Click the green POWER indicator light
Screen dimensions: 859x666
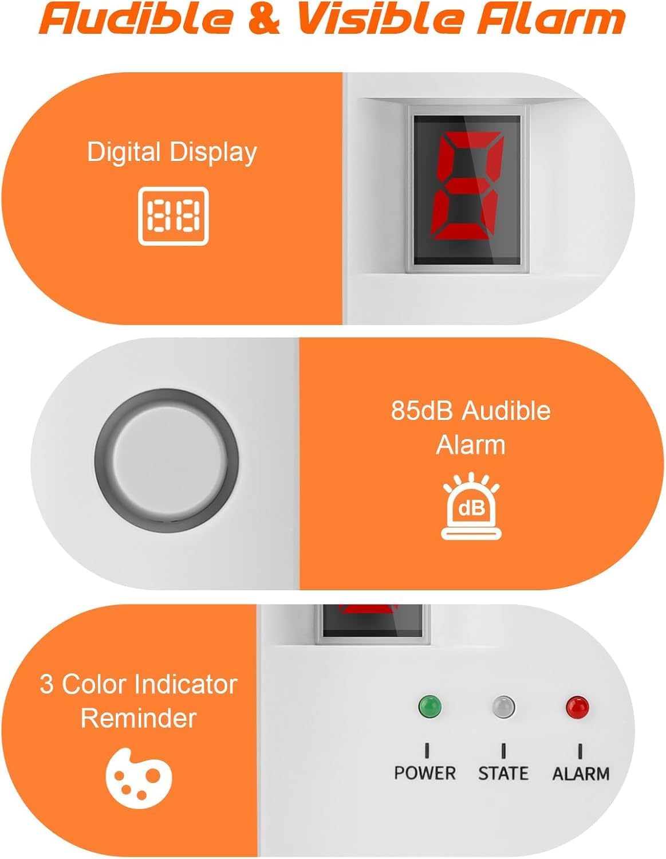[429, 706]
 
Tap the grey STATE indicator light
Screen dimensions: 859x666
[503, 707]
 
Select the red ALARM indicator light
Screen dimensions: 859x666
[577, 707]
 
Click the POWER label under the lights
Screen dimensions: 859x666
[425, 773]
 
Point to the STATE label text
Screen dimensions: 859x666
[503, 773]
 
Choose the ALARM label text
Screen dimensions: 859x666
[581, 774]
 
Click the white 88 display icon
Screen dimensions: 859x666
[174, 217]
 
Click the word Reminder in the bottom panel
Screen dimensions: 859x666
[139, 718]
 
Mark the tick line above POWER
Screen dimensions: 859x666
[427, 750]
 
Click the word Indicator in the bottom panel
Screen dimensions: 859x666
[180, 684]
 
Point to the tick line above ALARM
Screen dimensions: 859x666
[580, 750]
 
